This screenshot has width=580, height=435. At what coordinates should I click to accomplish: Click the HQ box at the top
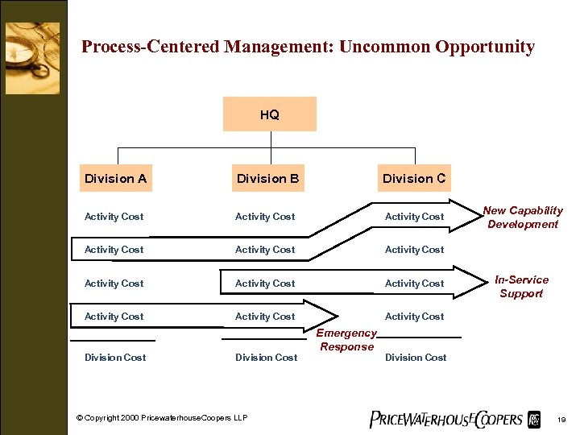[x=270, y=114]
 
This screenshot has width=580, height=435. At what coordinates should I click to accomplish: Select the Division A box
[x=115, y=178]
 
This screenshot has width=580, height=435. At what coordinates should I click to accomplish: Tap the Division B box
[x=267, y=178]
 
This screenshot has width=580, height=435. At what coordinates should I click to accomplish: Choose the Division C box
[x=414, y=178]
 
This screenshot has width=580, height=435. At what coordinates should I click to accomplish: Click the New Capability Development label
[x=523, y=217]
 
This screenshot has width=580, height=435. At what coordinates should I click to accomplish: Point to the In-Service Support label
[x=521, y=287]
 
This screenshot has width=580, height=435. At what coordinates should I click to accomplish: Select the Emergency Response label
[x=346, y=340]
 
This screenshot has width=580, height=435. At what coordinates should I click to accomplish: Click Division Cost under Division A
[x=115, y=358]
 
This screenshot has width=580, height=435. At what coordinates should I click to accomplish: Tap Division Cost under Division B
[x=266, y=358]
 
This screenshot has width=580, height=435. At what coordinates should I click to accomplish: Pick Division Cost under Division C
[x=416, y=358]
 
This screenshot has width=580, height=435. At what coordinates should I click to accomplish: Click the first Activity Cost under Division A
[x=114, y=217]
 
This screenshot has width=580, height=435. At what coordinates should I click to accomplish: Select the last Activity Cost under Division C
[x=414, y=317]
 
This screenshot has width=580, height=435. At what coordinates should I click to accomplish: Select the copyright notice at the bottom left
[x=162, y=417]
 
